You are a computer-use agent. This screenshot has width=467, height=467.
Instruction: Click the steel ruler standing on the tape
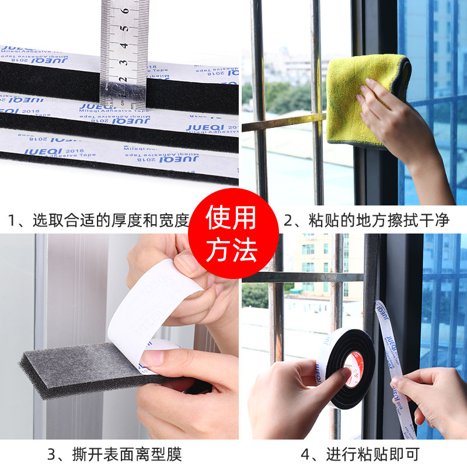pos(124,53)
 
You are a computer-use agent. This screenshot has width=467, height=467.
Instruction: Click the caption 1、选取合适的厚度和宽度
pos(98,220)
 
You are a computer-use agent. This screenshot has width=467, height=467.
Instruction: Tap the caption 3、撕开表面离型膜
pos(114,454)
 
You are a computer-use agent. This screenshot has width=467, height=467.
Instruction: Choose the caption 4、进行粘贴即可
pos(360,454)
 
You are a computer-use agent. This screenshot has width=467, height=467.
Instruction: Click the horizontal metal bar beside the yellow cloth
pos(280,122)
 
